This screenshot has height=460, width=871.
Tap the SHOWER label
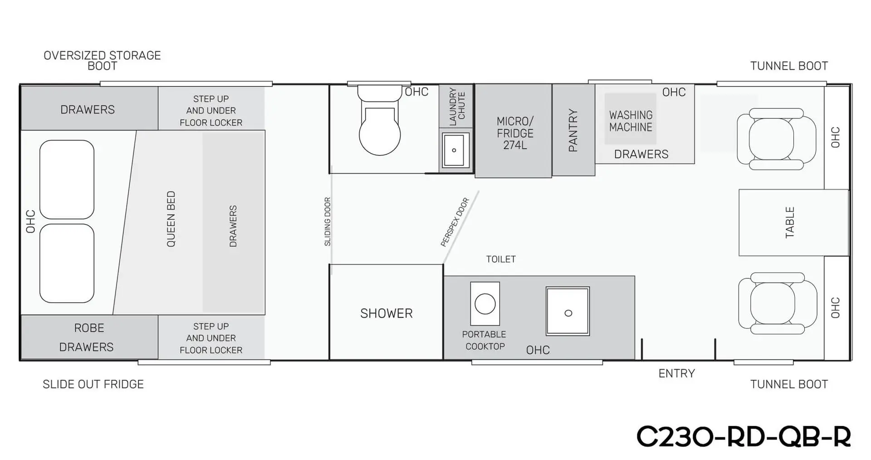tap(387, 313)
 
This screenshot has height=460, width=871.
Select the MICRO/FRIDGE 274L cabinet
tap(514, 131)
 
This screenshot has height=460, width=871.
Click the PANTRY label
tap(573, 130)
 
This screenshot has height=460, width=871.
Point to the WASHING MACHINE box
tap(631, 119)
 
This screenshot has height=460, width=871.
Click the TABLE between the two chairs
tap(793, 223)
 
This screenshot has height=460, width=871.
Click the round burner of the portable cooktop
tap(485, 304)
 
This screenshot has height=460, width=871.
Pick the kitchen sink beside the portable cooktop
tap(568, 311)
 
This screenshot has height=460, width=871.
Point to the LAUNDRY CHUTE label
tap(457, 107)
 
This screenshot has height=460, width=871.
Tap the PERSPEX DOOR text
tap(455, 222)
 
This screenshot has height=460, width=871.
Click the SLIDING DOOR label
tap(328, 222)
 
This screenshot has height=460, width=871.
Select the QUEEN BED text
tap(171, 219)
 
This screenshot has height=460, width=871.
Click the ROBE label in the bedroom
tap(89, 328)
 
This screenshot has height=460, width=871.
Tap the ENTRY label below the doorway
tap(676, 373)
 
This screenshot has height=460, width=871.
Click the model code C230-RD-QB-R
tap(744, 436)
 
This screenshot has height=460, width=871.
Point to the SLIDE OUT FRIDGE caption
tap(93, 384)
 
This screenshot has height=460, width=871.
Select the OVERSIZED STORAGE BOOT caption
tap(102, 61)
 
